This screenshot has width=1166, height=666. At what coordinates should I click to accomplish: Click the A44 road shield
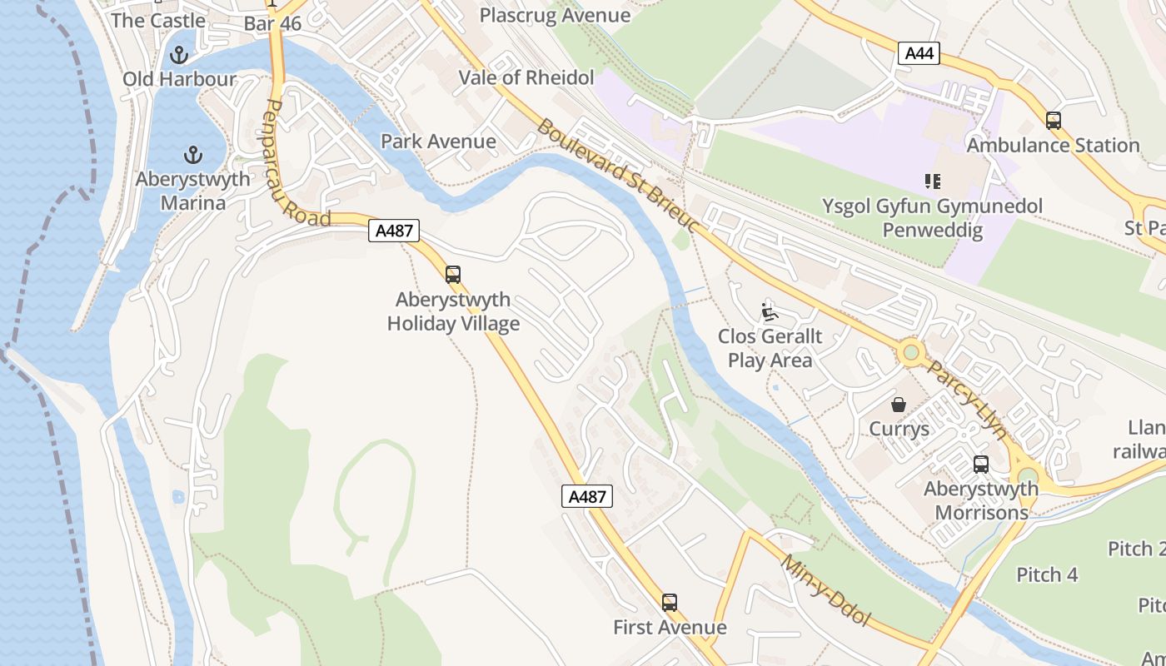(x=919, y=54)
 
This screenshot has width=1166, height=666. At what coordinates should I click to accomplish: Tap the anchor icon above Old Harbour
(x=178, y=56)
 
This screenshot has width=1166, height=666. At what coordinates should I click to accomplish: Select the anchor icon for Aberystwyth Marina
(x=192, y=155)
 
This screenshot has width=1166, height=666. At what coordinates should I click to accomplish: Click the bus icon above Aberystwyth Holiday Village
(x=453, y=275)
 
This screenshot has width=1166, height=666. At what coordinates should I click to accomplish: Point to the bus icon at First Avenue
(x=670, y=603)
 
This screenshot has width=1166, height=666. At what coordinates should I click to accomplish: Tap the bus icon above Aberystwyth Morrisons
(x=981, y=465)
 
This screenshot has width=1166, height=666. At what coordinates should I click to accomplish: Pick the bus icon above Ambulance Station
(x=1054, y=121)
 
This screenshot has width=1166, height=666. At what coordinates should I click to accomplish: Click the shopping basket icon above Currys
(x=899, y=405)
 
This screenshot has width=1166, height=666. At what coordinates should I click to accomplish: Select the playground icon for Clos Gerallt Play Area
(x=770, y=312)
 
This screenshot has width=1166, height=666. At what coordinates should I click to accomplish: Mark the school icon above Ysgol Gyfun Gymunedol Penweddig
(x=932, y=181)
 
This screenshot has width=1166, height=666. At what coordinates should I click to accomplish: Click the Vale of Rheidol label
(x=526, y=78)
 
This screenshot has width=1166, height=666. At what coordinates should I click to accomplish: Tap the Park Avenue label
(x=438, y=142)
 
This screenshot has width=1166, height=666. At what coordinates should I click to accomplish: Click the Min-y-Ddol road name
(x=825, y=590)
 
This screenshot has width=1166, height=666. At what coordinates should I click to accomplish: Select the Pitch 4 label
(x=1047, y=574)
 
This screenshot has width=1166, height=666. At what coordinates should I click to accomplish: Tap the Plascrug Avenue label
(x=555, y=15)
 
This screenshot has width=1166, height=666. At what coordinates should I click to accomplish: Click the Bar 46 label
(x=272, y=23)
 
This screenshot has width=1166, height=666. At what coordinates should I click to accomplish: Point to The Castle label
(x=158, y=20)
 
